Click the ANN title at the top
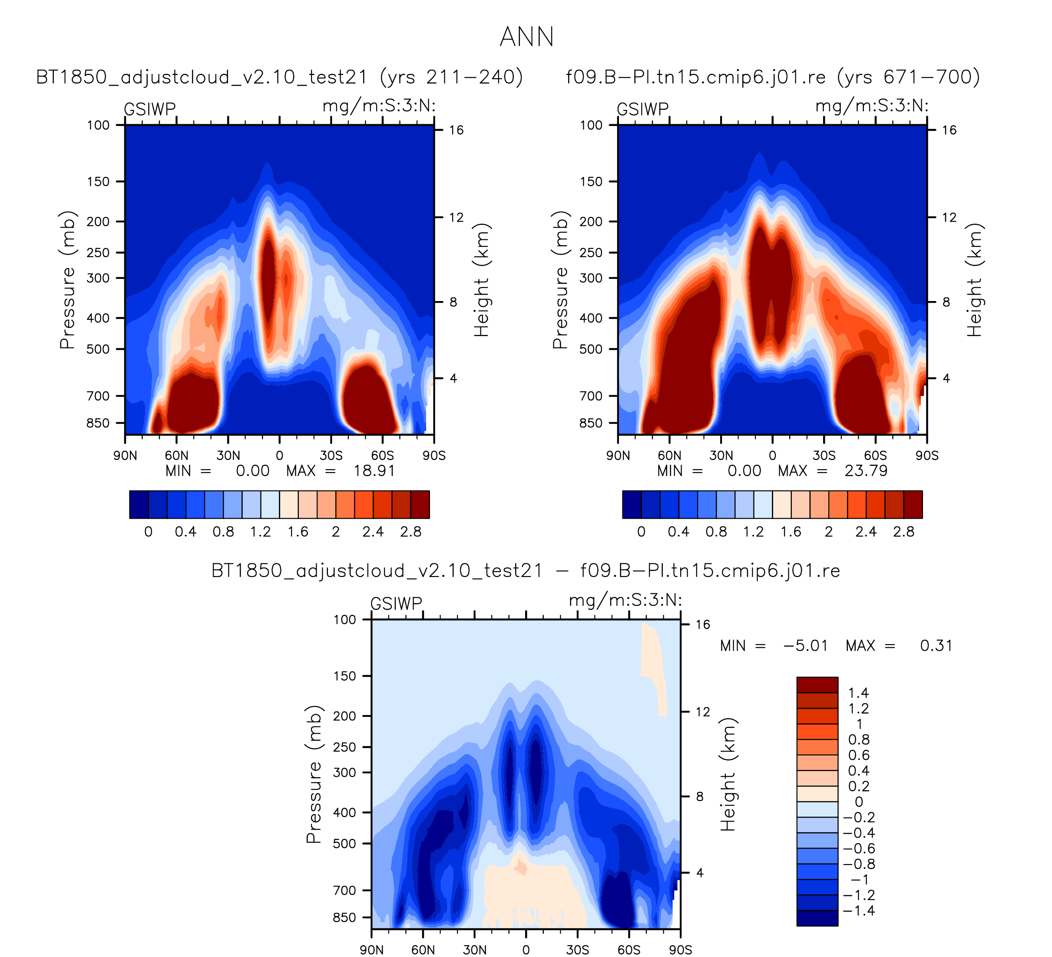(526, 37)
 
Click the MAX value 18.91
(374, 471)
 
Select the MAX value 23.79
(866, 471)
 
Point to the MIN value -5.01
(806, 646)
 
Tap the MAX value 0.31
(936, 646)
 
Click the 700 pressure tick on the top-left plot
(98, 396)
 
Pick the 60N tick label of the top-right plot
(669, 456)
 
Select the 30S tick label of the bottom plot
(577, 950)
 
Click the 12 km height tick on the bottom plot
(702, 712)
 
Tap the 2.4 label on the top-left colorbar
(373, 532)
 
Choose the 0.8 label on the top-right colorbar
(716, 532)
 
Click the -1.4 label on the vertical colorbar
(858, 911)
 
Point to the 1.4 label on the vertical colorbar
(858, 693)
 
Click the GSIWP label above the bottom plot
(396, 604)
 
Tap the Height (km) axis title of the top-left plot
(481, 280)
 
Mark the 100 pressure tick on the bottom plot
(345, 619)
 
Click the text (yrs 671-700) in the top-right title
(909, 77)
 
